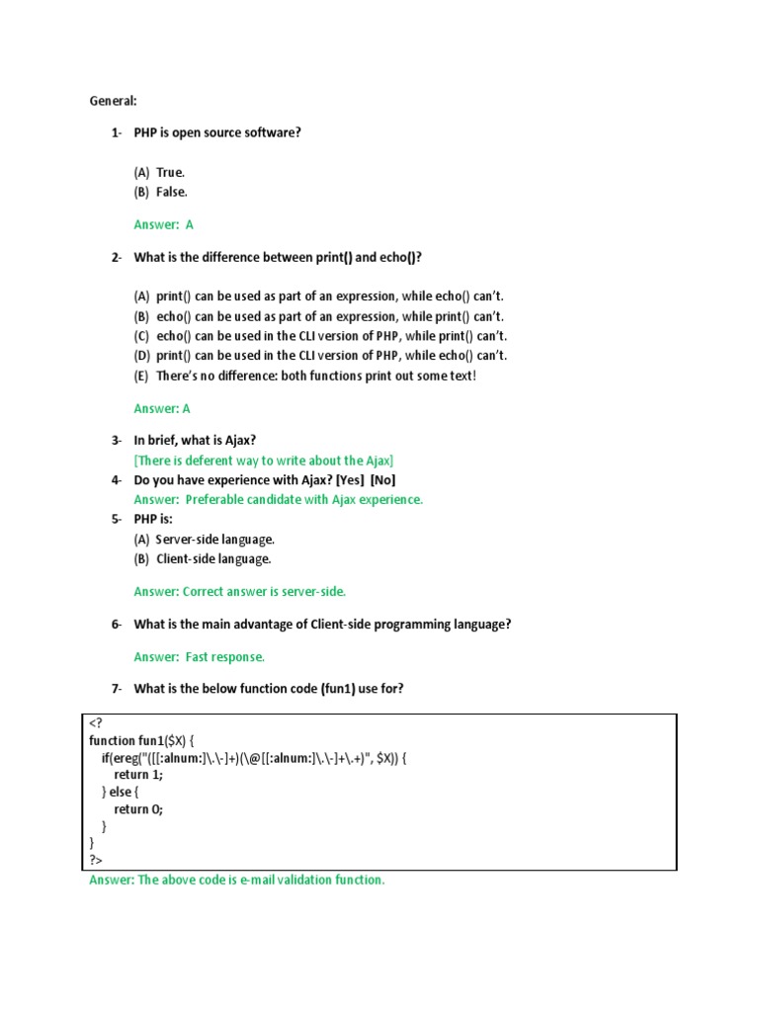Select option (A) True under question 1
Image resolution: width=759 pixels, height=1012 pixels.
tap(159, 173)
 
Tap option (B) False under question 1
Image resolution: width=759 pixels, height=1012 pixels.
tap(160, 192)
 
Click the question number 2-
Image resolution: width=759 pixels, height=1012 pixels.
tap(117, 258)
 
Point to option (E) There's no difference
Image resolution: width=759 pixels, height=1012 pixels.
tap(304, 376)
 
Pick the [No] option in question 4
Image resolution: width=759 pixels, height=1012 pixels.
tap(383, 480)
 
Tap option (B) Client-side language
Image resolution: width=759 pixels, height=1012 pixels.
tap(202, 559)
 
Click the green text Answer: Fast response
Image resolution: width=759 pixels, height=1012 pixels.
tap(200, 657)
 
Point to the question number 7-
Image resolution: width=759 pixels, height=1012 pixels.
tap(117, 689)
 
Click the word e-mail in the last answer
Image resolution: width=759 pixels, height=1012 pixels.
tap(260, 881)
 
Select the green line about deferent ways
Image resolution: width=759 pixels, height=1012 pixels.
tap(264, 461)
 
